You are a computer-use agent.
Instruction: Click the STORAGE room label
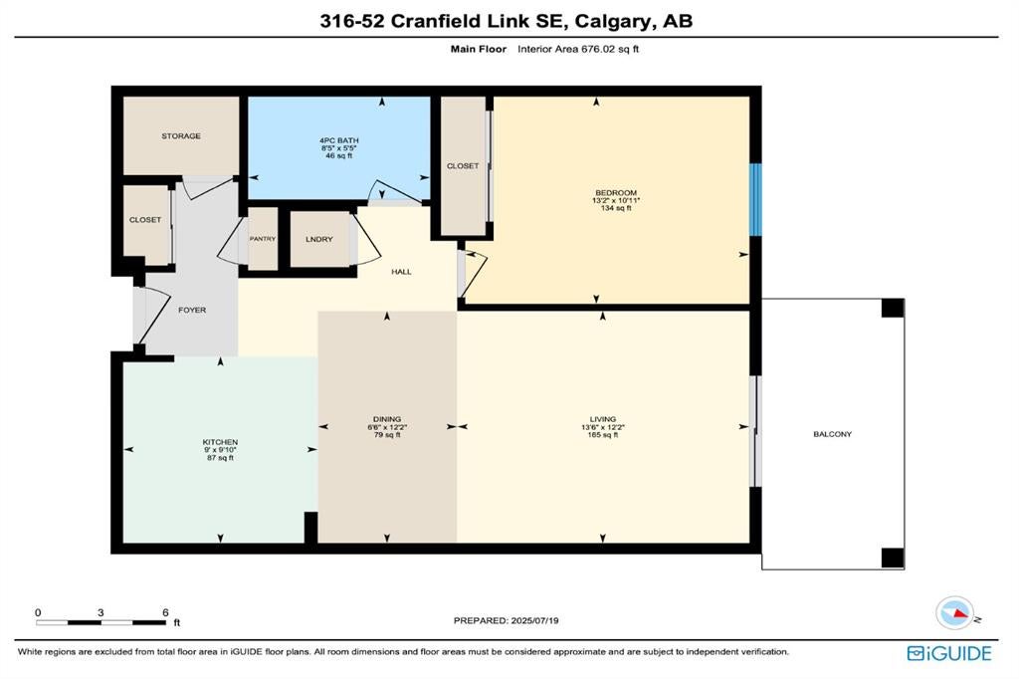181,136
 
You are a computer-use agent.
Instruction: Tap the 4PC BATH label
338,140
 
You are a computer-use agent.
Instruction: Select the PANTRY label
263,239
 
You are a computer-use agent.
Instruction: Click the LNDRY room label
319,239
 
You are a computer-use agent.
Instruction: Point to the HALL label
401,272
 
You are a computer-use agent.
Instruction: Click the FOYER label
192,311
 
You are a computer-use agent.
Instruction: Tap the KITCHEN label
220,442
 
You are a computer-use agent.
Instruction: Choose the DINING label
387,419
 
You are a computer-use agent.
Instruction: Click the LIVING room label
602,419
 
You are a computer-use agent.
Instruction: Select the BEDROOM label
616,192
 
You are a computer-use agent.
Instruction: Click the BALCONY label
832,434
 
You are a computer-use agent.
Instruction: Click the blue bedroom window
756,199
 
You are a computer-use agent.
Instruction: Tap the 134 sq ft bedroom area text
616,208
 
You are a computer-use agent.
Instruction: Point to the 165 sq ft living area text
602,435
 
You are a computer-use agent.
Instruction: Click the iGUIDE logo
949,653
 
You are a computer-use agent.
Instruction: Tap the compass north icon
955,612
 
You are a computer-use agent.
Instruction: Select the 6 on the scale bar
166,612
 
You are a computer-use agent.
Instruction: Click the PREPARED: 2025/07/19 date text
506,620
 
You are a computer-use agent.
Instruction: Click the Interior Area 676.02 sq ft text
578,49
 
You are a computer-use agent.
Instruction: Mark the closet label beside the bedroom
463,166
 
